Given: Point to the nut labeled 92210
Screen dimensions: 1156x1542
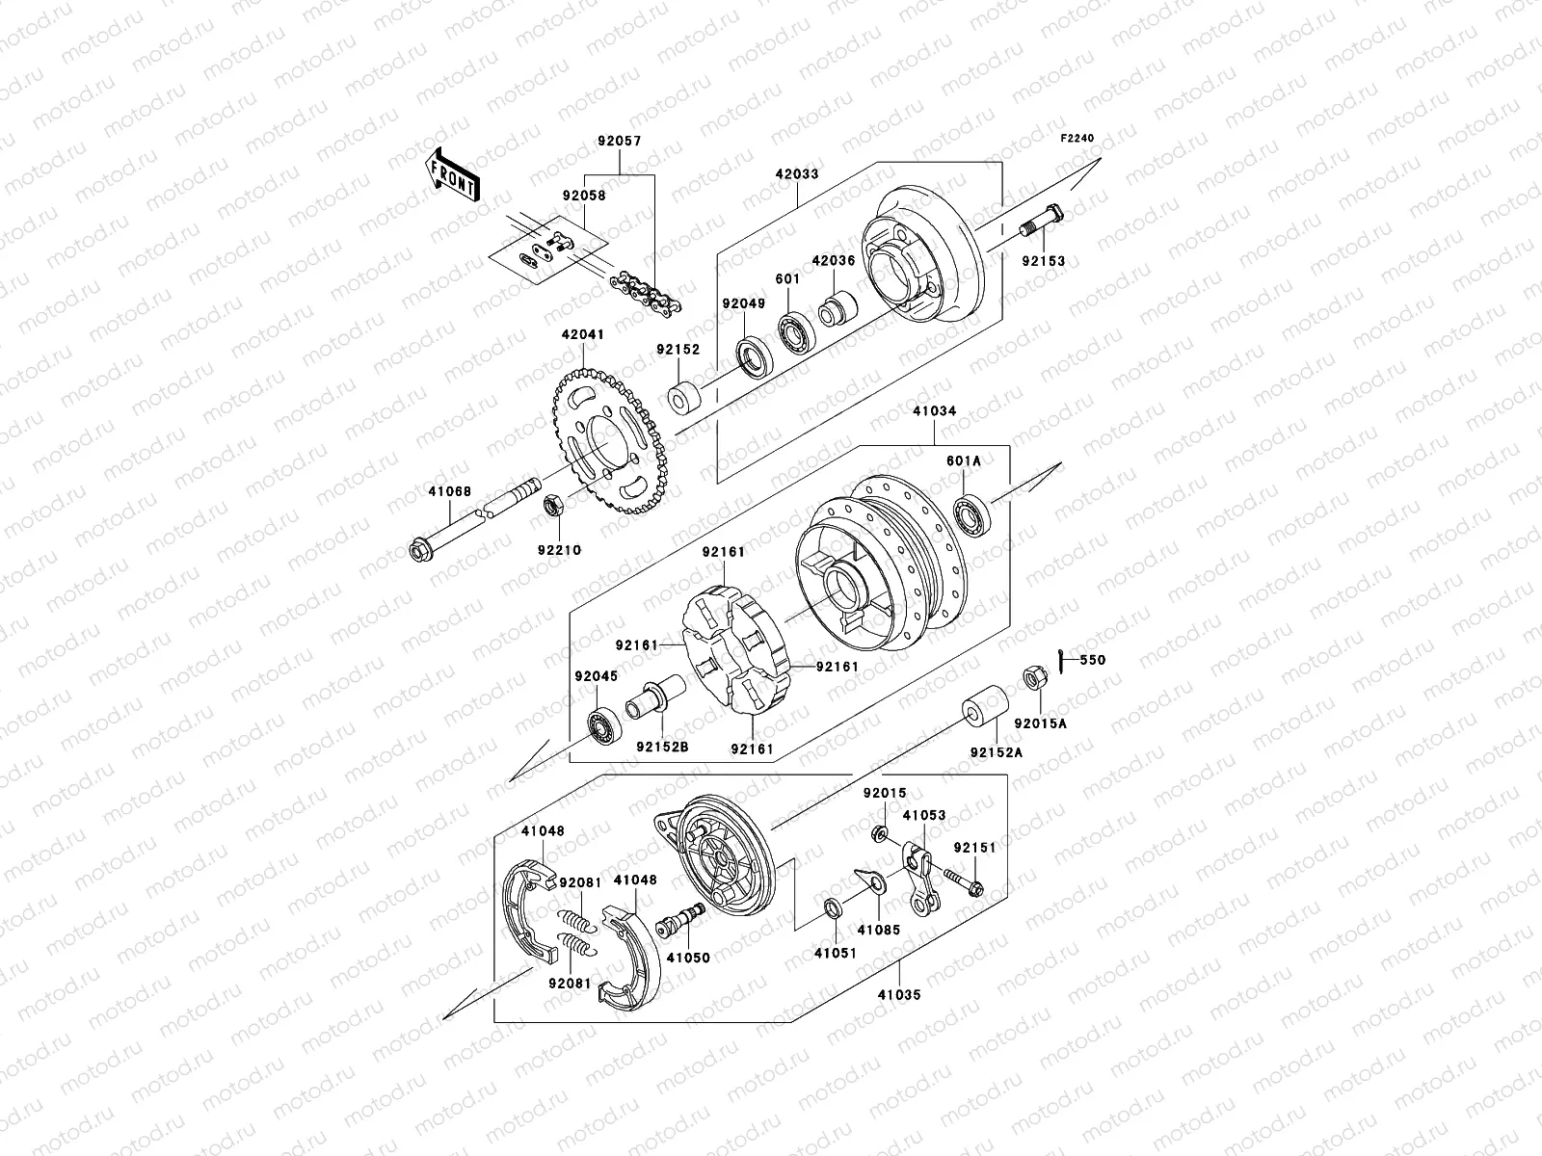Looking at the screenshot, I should click(x=554, y=505).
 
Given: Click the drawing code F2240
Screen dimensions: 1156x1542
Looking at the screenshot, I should click(x=1077, y=139).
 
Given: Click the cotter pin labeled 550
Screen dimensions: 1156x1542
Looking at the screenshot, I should click(x=1060, y=661).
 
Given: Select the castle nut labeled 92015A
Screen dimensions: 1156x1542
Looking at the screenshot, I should click(x=1030, y=678).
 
